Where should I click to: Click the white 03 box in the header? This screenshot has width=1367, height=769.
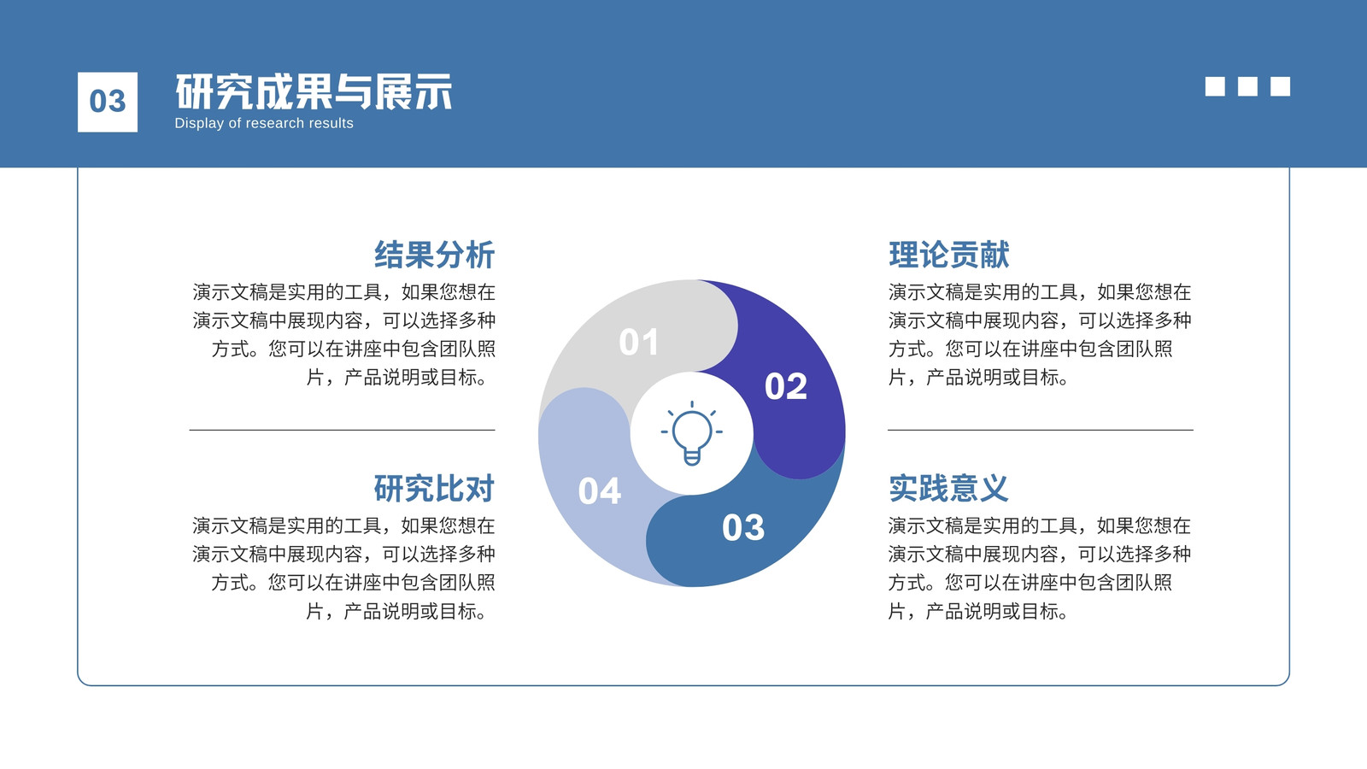click(x=108, y=102)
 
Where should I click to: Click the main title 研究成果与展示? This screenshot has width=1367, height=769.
click(x=314, y=92)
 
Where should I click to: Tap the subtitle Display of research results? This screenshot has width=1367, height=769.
click(x=264, y=123)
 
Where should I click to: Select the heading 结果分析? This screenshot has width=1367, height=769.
click(x=434, y=255)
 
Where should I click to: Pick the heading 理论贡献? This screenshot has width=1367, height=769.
click(x=949, y=255)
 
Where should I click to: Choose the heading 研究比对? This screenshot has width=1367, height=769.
click(x=434, y=488)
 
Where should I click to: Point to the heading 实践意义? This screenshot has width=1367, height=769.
click(x=949, y=488)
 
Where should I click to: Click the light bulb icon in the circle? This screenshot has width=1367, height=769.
click(x=691, y=432)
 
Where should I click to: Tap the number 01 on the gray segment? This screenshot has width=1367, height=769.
click(x=639, y=342)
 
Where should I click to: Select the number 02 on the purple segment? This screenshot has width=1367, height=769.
click(x=786, y=386)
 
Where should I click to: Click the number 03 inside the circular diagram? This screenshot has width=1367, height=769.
click(x=743, y=527)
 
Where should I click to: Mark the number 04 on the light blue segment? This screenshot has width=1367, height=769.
click(x=599, y=490)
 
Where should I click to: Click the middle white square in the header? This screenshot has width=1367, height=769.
click(x=1247, y=86)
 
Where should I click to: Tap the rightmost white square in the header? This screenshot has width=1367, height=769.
click(x=1281, y=86)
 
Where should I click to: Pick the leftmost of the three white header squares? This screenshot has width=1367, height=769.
click(x=1215, y=86)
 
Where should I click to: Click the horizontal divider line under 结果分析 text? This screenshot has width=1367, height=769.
click(x=343, y=430)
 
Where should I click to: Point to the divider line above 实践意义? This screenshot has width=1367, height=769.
click(x=1041, y=430)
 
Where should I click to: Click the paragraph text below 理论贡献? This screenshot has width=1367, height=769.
click(x=1040, y=334)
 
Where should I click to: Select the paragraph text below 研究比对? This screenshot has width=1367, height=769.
click(x=343, y=568)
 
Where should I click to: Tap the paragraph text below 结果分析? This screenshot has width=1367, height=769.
click(x=343, y=334)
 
